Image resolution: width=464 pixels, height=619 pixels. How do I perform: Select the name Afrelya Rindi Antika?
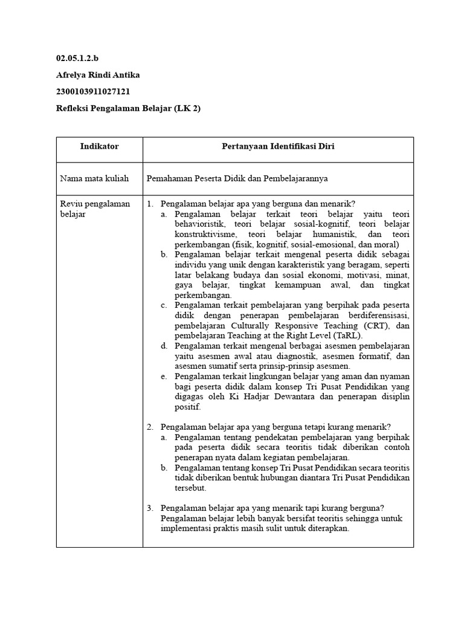coord(98,75)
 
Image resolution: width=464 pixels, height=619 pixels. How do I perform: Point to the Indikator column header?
coord(99,147)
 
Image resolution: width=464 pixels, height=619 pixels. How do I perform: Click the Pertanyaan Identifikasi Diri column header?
coord(278,147)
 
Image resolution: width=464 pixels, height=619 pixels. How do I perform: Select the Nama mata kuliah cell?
coord(94,179)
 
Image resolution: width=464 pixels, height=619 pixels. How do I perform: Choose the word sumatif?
coord(225,366)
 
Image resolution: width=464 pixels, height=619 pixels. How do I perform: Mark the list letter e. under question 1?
coord(164,377)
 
